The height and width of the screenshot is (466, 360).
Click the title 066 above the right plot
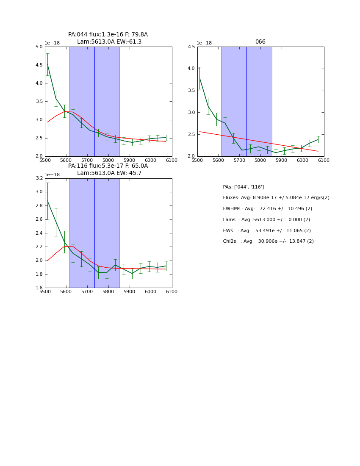tap(260, 42)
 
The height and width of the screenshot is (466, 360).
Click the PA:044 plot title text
tap(108, 35)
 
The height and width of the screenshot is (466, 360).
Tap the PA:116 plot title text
tap(108, 166)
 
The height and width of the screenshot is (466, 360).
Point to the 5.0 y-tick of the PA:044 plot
tap(39, 47)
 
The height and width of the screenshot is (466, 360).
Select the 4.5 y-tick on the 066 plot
tap(191, 47)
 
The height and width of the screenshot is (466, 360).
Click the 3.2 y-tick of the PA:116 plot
tap(39, 178)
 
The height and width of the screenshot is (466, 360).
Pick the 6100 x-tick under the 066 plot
tap(324, 160)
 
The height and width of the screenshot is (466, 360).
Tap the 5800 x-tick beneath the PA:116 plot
tap(108, 291)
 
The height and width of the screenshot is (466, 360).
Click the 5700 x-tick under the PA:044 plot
tap(87, 160)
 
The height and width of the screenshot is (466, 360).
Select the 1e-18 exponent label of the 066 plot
tap(205, 43)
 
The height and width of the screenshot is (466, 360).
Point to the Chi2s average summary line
tap(268, 241)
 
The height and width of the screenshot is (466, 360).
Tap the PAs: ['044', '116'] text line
tap(243, 187)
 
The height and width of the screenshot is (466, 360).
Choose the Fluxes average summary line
tap(276, 198)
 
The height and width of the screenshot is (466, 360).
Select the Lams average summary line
tap(266, 220)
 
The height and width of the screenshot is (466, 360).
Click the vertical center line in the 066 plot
tap(246, 102)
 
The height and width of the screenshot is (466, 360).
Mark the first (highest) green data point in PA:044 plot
tap(47, 64)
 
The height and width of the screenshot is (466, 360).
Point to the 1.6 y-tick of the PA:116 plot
tap(39, 288)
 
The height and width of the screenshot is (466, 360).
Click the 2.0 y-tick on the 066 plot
tap(191, 156)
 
